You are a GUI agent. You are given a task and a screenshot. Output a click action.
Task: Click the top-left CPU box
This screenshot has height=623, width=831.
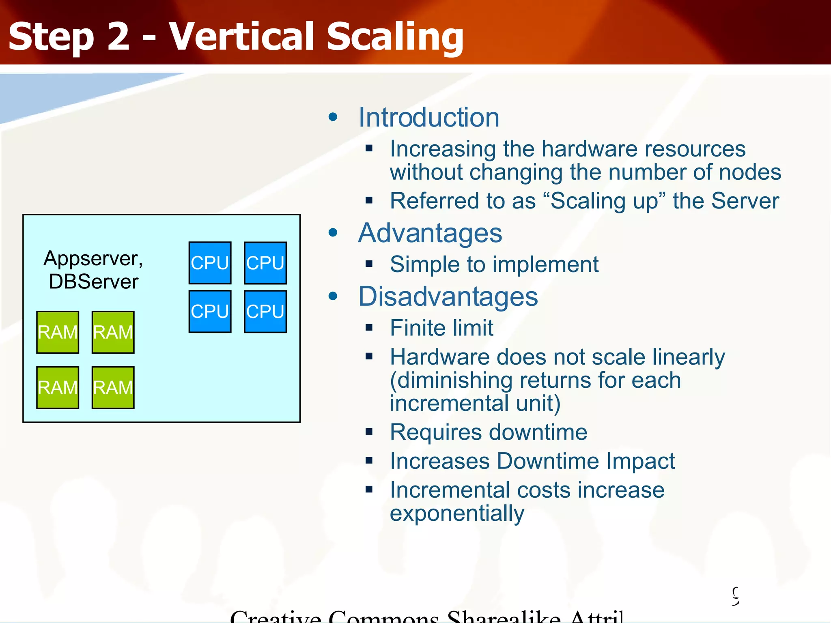tap(210, 263)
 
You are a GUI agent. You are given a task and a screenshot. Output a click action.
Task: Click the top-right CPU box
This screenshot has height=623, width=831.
tap(265, 263)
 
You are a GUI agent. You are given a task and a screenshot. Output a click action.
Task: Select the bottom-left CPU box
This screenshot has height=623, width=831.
tap(210, 311)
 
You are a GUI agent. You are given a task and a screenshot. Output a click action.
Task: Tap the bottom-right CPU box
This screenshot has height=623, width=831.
tap(265, 311)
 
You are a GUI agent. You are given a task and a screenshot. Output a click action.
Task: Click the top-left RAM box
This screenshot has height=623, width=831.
tap(58, 332)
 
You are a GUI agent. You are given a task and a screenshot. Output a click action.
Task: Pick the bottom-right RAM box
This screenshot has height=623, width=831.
tap(113, 387)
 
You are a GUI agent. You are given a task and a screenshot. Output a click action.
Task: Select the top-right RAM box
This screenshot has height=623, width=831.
tap(113, 332)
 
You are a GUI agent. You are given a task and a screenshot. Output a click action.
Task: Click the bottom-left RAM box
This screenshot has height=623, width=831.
tap(58, 387)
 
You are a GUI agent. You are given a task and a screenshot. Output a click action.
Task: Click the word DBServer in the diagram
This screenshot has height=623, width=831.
tap(93, 281)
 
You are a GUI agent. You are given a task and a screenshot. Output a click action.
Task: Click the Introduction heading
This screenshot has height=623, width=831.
tap(428, 118)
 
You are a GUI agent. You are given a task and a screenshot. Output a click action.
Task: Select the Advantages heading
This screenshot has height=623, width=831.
tap(430, 233)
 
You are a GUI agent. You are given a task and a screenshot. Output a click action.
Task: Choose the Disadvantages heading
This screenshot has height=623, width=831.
tap(448, 296)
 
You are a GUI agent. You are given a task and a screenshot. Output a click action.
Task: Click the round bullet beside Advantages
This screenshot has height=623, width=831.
tap(333, 233)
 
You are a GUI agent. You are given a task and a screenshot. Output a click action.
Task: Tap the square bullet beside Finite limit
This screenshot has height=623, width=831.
tap(369, 327)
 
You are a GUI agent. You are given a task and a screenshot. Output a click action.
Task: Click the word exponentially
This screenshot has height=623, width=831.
tap(457, 513)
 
